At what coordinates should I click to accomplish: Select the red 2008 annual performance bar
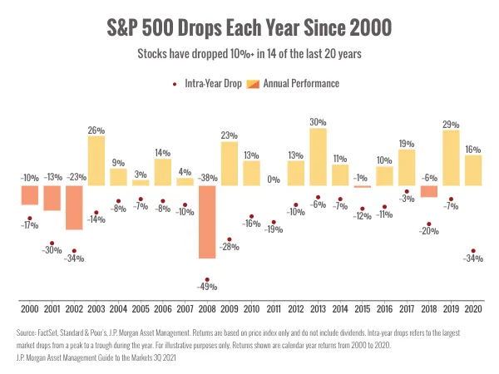[207, 222]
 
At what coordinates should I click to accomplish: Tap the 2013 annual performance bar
[318, 157]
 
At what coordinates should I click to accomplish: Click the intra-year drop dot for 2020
[473, 251]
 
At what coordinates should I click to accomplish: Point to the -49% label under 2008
[207, 288]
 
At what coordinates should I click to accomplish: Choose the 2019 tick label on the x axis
[451, 308]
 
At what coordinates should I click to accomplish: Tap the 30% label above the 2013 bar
[318, 122]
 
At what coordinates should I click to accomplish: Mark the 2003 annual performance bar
[96, 161]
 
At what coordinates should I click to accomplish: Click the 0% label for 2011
[274, 179]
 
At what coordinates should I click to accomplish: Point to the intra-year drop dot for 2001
[52, 243]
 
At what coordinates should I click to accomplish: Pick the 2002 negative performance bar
[74, 208]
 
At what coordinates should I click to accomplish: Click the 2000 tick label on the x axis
[30, 308]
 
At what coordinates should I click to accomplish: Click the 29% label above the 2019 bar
[451, 125]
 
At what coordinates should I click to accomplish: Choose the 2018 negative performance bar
[429, 192]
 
